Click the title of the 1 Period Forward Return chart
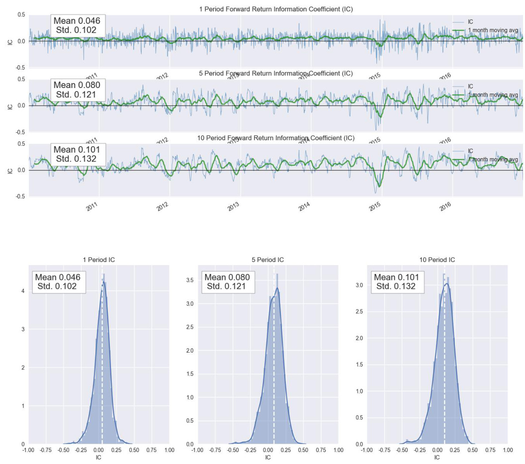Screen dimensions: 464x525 [275, 9]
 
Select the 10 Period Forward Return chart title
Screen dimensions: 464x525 [275, 138]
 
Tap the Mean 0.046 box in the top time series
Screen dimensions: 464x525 [77, 25]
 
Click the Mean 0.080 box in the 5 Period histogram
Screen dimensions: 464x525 [227, 281]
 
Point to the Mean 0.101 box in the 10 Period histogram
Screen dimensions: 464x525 [396, 281]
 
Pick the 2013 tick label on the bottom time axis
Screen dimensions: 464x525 [233, 207]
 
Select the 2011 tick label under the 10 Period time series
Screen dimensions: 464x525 [91, 207]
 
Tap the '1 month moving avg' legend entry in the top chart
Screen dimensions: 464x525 [493, 30]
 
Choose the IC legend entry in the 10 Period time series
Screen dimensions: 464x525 [470, 151]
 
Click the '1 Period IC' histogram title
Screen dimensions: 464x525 [99, 260]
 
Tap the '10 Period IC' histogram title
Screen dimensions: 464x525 [437, 260]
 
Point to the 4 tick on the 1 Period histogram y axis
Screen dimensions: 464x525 [22, 291]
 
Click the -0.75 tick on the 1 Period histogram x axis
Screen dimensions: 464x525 [46, 451]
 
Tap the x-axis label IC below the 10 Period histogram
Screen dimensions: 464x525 [437, 458]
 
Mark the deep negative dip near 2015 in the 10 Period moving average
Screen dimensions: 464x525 [379, 186]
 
